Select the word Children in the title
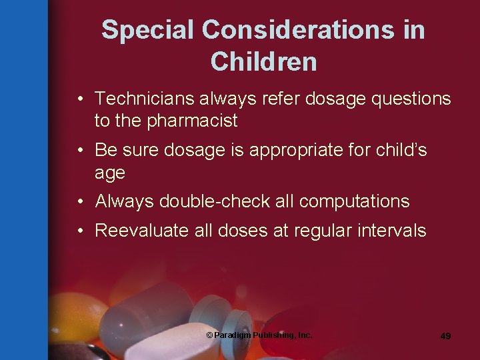pos(263,61)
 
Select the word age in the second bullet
pos(110,173)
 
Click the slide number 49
pos(445,336)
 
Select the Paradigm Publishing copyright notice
pos(259,335)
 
